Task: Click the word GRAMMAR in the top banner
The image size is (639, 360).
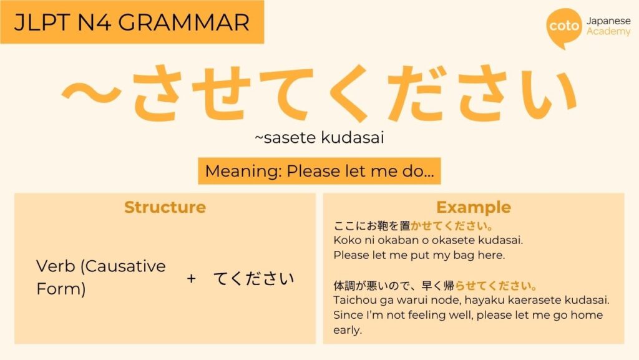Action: point(184,22)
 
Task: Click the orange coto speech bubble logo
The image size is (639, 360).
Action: point(564,27)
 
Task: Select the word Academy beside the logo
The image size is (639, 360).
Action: point(608,31)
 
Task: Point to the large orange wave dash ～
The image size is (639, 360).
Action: point(91,93)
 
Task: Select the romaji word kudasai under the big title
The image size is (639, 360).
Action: point(353,138)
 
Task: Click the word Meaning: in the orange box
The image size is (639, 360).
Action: point(243,171)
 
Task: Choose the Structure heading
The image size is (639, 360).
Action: point(165,207)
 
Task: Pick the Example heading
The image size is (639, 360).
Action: point(474,207)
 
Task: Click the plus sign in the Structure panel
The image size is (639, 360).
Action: point(191,278)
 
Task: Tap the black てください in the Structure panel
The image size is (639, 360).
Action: point(253,278)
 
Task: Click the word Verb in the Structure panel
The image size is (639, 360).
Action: point(56,266)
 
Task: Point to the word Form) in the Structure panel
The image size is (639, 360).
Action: point(61,289)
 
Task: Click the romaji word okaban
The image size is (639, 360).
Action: point(391,240)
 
